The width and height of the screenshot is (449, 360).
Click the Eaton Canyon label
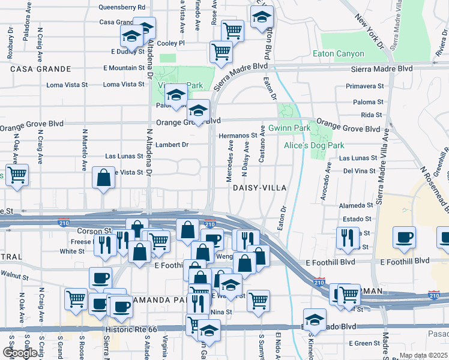coord(339,54)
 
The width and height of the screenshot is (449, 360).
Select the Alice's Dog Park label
coord(314,145)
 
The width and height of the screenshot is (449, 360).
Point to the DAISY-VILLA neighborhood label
coord(256,188)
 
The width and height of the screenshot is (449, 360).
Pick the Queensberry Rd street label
coord(122,7)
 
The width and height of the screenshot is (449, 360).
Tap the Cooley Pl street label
coord(170,43)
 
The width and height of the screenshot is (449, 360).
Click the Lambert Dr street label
coord(172,145)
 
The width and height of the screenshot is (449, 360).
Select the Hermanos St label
coord(238,136)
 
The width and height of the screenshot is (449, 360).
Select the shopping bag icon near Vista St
coord(104,178)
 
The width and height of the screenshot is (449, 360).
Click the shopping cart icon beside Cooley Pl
coord(221,52)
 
